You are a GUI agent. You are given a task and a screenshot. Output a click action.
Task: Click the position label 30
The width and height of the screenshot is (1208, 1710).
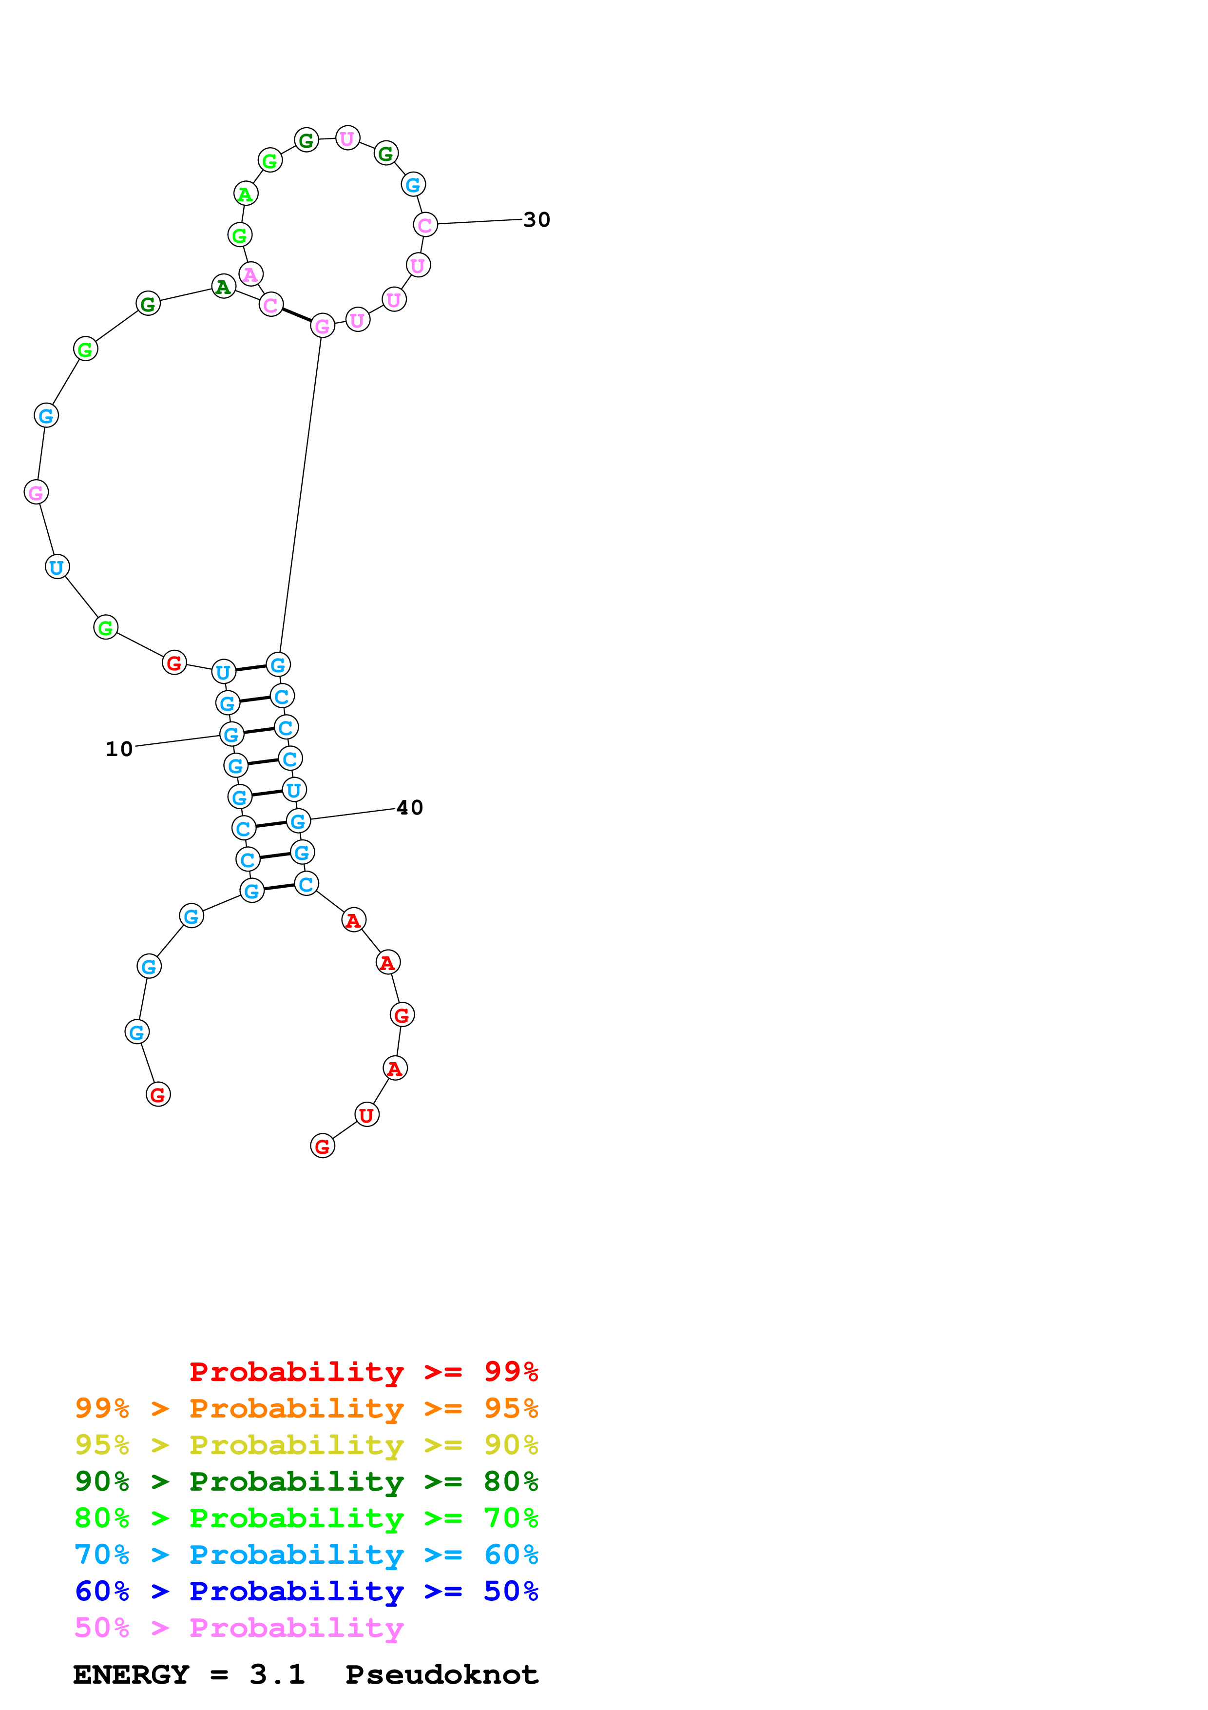pyautogui.click(x=536, y=220)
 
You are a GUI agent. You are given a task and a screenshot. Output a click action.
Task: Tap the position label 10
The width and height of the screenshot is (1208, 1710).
pyautogui.click(x=118, y=749)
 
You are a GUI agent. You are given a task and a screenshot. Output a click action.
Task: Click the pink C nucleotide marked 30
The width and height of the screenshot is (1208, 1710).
pyautogui.click(x=425, y=224)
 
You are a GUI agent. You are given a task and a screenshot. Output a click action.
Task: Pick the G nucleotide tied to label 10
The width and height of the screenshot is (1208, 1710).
pyautogui.click(x=231, y=734)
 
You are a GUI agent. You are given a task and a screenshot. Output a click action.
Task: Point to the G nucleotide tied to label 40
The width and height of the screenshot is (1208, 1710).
pyautogui.click(x=298, y=821)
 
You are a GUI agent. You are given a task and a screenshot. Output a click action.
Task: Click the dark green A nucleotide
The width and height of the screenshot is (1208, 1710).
pyautogui.click(x=223, y=287)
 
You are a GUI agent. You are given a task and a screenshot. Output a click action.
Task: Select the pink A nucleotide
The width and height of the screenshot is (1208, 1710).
pyautogui.click(x=251, y=274)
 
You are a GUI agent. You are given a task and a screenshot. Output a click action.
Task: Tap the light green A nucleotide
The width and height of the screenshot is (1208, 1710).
pyautogui.click(x=246, y=194)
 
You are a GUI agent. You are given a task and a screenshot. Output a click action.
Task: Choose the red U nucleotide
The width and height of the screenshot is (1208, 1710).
pyautogui.click(x=366, y=1115)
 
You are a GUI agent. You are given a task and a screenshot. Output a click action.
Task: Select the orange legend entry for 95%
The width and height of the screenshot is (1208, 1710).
pyautogui.click(x=306, y=1408)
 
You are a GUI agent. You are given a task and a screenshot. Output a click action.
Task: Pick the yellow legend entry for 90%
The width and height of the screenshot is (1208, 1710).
pyautogui.click(x=306, y=1444)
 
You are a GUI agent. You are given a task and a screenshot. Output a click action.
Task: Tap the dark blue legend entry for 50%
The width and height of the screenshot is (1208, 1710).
pyautogui.click(x=306, y=1591)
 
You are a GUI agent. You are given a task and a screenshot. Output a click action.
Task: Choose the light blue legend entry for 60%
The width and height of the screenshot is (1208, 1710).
pyautogui.click(x=306, y=1555)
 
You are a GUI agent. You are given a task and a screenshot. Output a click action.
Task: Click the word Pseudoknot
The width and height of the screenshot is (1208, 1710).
pyautogui.click(x=441, y=1674)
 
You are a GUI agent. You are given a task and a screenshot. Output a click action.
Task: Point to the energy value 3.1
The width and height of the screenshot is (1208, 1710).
pyautogui.click(x=277, y=1674)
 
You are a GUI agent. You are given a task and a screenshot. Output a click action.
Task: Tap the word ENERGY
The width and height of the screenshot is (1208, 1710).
pyautogui.click(x=131, y=1674)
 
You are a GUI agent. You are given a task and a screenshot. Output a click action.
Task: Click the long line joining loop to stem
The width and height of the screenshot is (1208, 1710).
pyautogui.click(x=300, y=495)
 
